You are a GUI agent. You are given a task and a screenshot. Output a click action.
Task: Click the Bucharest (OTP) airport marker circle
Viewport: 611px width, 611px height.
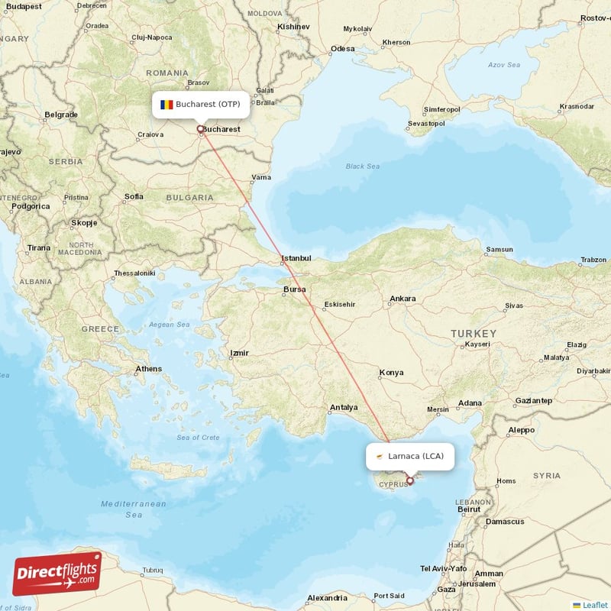click(200, 128)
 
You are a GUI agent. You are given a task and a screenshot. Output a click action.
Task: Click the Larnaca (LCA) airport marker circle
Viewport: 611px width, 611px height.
click(410, 480)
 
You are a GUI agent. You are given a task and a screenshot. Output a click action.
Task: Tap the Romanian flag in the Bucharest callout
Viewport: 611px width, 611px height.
click(166, 104)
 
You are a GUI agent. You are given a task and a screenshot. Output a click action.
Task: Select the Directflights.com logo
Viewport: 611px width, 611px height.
click(57, 573)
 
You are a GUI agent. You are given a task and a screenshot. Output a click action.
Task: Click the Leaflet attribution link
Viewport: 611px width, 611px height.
click(594, 605)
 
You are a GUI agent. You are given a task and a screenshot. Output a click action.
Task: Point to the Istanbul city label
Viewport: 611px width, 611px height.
click(296, 258)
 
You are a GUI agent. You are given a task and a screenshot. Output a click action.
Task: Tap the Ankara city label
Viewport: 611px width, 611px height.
click(402, 299)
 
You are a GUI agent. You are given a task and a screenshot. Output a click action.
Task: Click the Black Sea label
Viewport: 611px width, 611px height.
click(362, 166)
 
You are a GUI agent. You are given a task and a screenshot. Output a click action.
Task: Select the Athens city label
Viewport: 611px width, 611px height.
click(148, 369)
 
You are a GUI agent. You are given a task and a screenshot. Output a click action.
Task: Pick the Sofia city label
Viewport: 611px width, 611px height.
click(134, 196)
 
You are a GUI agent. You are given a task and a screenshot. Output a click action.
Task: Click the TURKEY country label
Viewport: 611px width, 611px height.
click(474, 334)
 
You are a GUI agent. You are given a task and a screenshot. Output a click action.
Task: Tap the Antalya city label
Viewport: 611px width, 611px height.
click(343, 407)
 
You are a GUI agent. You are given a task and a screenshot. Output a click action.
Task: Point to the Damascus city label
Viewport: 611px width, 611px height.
click(505, 522)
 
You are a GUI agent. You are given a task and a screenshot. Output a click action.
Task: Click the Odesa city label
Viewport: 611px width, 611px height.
click(342, 49)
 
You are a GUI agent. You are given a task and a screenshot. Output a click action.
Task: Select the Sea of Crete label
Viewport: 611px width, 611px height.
click(198, 437)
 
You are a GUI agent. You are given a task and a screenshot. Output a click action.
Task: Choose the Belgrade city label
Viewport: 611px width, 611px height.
click(61, 115)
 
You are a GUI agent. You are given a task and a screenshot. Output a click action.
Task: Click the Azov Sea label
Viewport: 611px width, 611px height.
click(504, 65)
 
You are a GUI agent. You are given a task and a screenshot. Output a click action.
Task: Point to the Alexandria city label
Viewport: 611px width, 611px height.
click(327, 598)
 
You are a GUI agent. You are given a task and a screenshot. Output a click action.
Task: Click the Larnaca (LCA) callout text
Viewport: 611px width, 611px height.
click(415, 456)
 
